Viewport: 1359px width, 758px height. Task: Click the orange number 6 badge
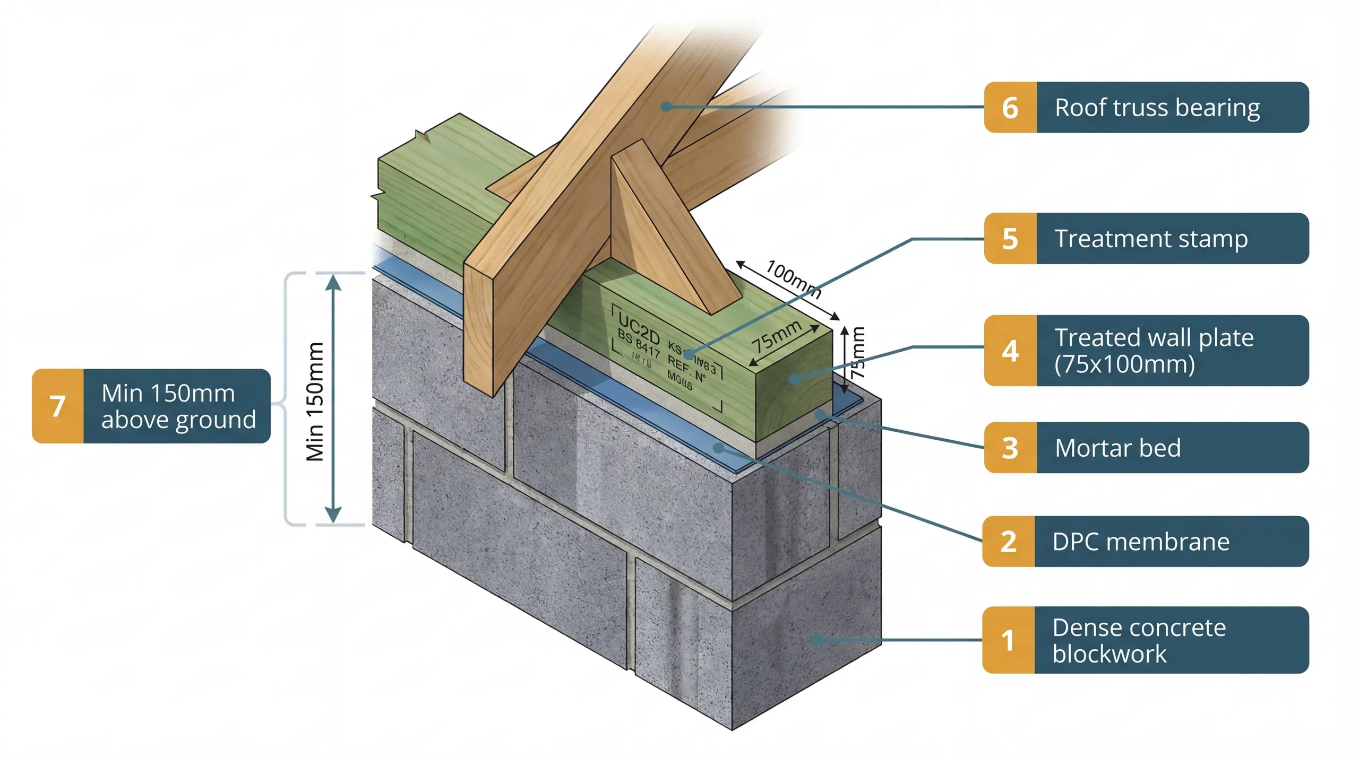(1010, 108)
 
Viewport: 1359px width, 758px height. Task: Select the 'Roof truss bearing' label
(1157, 108)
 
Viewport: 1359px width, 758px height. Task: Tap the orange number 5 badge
(1010, 239)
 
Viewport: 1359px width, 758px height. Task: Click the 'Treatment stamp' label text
(1151, 239)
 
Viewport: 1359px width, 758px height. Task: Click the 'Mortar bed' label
(1117, 448)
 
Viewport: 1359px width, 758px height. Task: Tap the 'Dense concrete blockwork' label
(1139, 640)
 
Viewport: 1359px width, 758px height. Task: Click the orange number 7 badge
(57, 406)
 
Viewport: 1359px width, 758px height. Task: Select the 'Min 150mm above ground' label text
(178, 406)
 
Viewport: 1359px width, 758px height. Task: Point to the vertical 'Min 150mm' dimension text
(315, 402)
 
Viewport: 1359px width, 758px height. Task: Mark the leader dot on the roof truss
(666, 107)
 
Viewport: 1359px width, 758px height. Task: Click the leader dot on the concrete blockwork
(817, 640)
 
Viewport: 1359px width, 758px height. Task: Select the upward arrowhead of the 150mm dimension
(333, 283)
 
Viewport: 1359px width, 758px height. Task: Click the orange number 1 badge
(1008, 640)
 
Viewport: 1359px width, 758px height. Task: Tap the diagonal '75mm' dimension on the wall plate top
(776, 336)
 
